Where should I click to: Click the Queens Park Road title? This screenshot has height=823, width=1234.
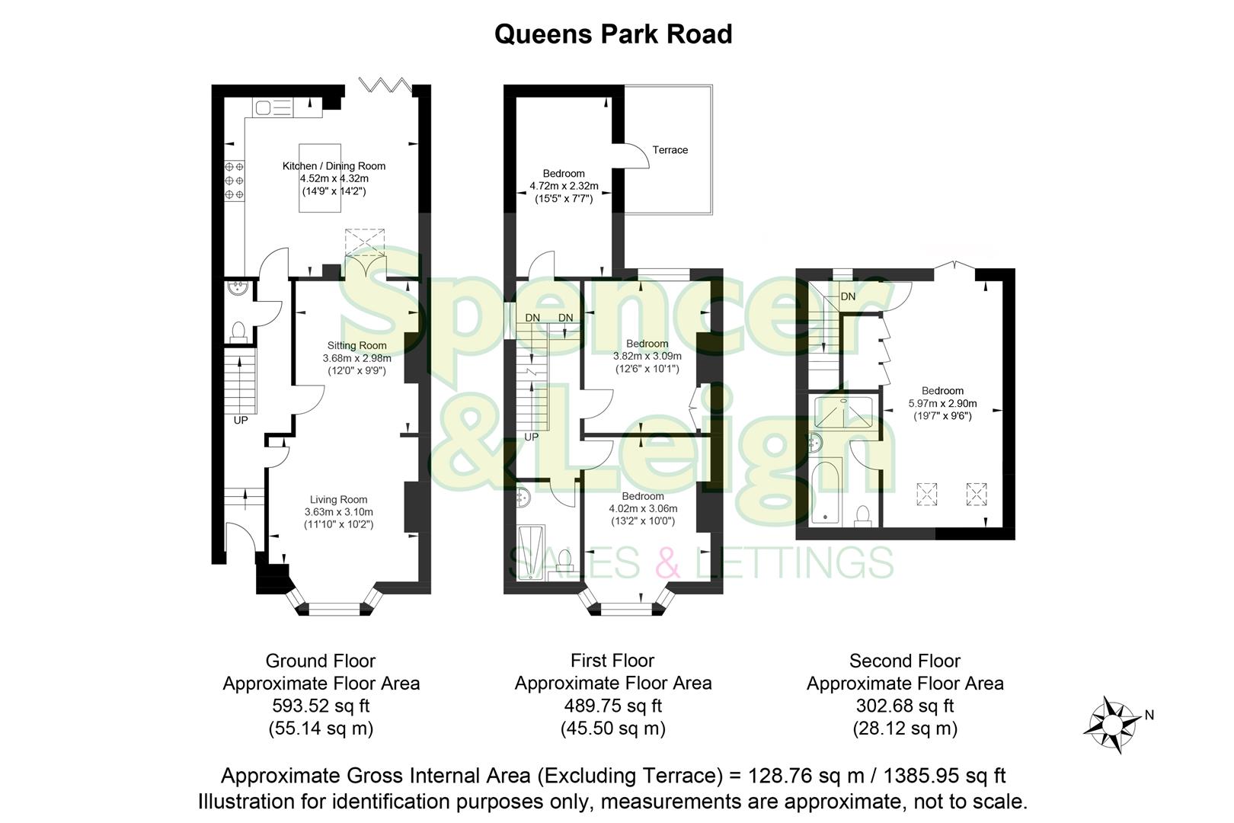pos(613,34)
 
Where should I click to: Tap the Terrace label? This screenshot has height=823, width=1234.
pos(670,150)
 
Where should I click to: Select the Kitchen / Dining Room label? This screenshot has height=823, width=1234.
pos(334,166)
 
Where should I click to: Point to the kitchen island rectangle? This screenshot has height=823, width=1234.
pos(319,177)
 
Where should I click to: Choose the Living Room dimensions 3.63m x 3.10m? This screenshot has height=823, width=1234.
pos(338,512)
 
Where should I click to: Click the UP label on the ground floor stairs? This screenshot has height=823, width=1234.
pos(241,420)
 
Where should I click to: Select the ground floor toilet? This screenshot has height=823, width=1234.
pos(238,331)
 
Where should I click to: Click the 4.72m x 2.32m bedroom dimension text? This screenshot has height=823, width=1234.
pos(564,185)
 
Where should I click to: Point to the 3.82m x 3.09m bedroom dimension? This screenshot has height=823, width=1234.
pos(647,356)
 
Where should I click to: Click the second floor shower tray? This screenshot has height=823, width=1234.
pos(846,411)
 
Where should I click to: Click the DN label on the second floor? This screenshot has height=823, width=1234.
pos(848,296)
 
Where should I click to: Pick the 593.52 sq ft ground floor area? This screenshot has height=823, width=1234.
pos(321,706)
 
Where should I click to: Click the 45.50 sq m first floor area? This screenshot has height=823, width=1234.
pos(612,729)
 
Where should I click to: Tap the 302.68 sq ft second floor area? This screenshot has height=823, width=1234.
pos(905,706)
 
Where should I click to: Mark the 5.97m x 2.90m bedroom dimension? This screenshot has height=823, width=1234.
pos(942,404)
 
